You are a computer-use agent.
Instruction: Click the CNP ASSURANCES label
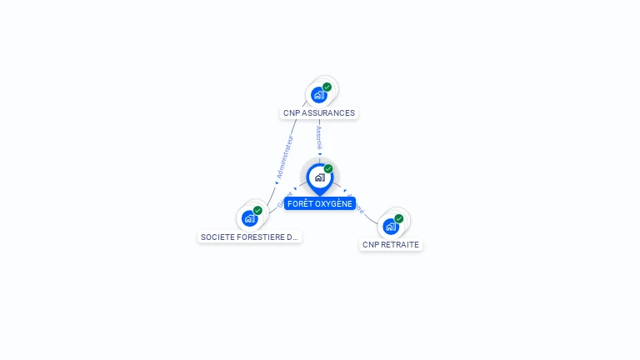[x=319, y=112]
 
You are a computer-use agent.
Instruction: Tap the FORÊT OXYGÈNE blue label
[x=320, y=203]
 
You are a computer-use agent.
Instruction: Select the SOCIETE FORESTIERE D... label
[x=249, y=237]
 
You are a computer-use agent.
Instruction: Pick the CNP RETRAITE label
[x=391, y=245]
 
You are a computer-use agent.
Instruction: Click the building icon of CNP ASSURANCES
[x=318, y=95]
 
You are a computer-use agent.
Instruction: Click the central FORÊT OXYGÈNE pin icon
[x=319, y=177]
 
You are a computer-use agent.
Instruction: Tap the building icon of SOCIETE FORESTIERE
[x=249, y=218]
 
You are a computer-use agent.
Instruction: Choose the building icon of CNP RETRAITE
[x=390, y=226]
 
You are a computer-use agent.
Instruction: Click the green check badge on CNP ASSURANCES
[x=327, y=87]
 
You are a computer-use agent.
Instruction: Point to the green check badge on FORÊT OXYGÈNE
[x=328, y=169]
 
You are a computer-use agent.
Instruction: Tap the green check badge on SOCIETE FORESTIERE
[x=258, y=211]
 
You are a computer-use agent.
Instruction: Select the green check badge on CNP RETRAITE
[x=399, y=218]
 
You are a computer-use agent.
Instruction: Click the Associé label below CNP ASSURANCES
[x=319, y=137]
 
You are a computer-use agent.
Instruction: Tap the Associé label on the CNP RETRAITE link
[x=357, y=204]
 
